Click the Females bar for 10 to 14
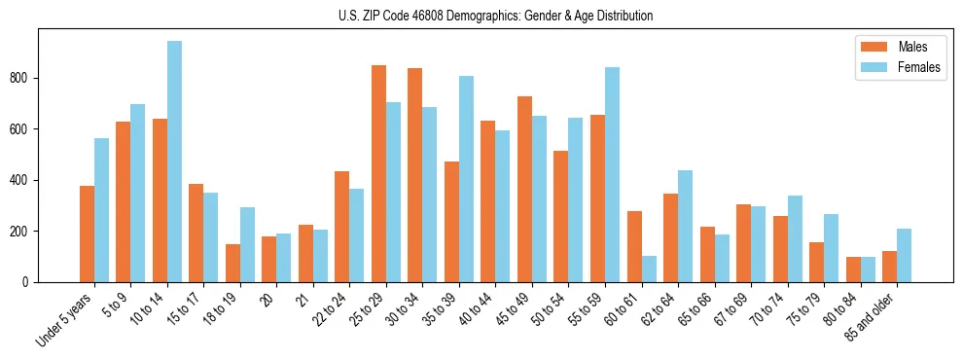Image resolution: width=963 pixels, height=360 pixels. [174, 162]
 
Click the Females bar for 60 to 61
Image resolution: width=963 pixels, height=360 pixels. [649, 269]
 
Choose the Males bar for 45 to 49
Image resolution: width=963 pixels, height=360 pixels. [524, 189]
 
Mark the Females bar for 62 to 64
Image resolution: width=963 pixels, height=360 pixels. [685, 226]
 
